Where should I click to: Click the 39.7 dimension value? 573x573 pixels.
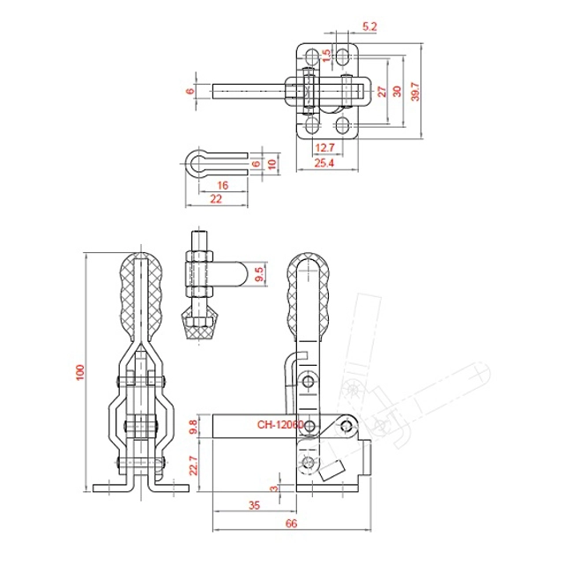[415, 91]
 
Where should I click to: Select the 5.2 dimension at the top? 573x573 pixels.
[369, 26]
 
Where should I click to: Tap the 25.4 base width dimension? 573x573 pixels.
[324, 163]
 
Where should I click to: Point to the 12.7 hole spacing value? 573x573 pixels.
[325, 147]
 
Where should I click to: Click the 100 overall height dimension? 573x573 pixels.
[80, 372]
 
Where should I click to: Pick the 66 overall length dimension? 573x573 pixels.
[291, 524]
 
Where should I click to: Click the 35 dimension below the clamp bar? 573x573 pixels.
[255, 505]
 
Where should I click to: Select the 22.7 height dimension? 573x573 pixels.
[193, 465]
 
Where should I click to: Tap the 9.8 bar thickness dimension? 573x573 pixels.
[193, 427]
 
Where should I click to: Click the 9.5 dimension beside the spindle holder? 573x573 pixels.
[258, 274]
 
